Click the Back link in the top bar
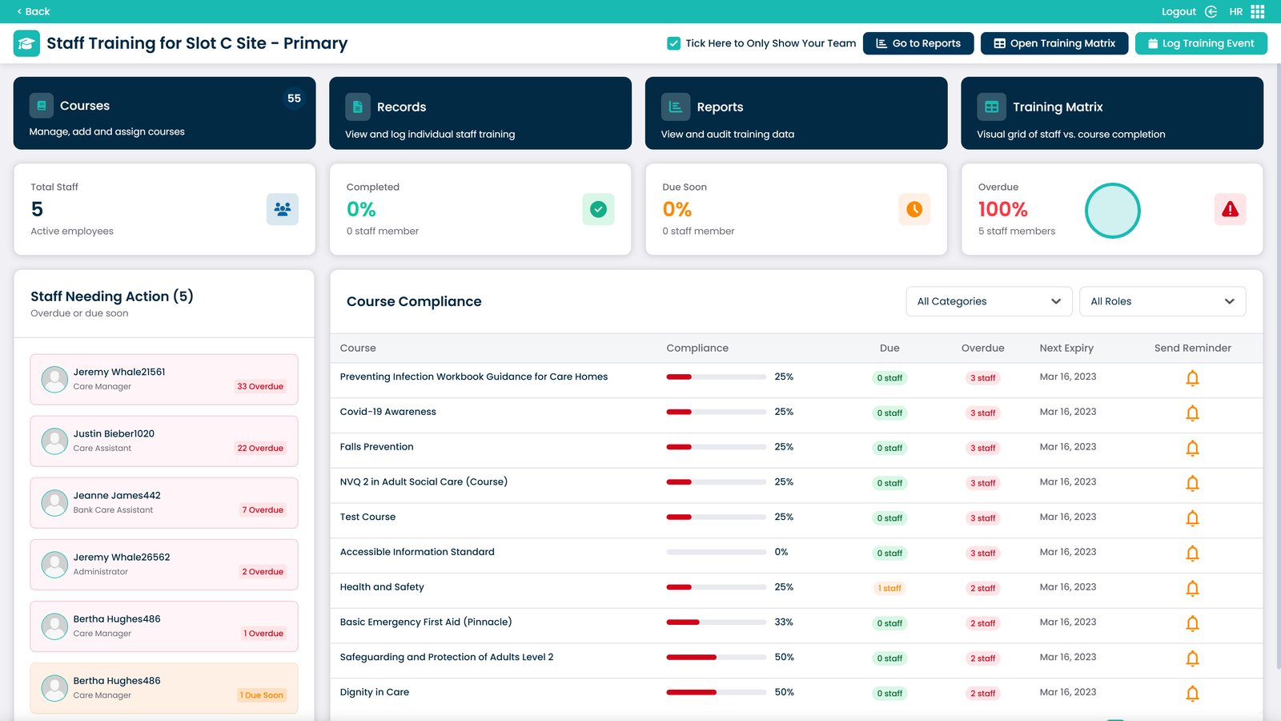pyautogui.click(x=34, y=11)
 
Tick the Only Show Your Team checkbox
pyautogui.click(x=674, y=43)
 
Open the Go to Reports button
pyautogui.click(x=918, y=43)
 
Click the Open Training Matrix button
pyautogui.click(x=1054, y=43)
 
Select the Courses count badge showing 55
pyautogui.click(x=294, y=99)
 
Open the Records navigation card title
pyautogui.click(x=401, y=107)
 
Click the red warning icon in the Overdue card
pyautogui.click(x=1230, y=209)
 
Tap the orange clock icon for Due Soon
pyautogui.click(x=914, y=209)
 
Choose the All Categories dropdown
pyautogui.click(x=989, y=301)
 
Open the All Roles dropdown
pyautogui.click(x=1162, y=301)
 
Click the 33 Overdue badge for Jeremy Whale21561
pyautogui.click(x=260, y=386)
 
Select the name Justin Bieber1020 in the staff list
pyautogui.click(x=114, y=433)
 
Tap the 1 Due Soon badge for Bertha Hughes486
pyautogui.click(x=262, y=695)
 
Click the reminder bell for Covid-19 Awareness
pyautogui.click(x=1192, y=413)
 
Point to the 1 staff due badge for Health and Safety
pyautogui.click(x=889, y=588)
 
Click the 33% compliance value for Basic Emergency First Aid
pyautogui.click(x=784, y=622)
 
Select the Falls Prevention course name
pyautogui.click(x=376, y=447)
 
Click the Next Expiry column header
pyautogui.click(x=1066, y=348)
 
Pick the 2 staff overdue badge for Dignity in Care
pyautogui.click(x=983, y=694)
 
